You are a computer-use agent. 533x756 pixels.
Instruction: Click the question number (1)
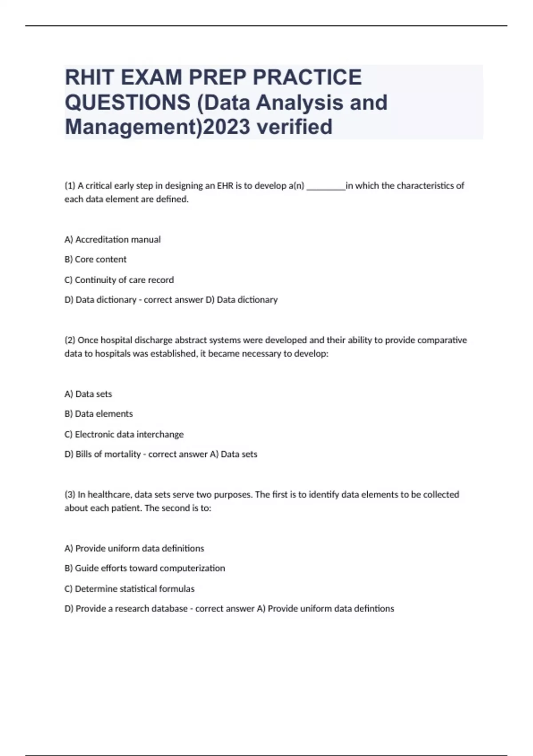[70, 186]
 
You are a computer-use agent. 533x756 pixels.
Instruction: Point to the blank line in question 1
[326, 187]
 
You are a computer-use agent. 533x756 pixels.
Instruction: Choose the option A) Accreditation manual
[112, 240]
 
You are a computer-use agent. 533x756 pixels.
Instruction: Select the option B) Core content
[95, 259]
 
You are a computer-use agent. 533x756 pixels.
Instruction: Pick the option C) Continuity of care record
[119, 280]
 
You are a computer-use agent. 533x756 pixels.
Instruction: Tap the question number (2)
[70, 340]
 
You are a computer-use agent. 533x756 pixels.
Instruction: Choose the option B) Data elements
[99, 414]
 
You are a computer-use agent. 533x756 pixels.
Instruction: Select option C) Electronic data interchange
[124, 434]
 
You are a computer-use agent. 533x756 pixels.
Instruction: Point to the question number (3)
[70, 495]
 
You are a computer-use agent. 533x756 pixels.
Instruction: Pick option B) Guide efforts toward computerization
[145, 568]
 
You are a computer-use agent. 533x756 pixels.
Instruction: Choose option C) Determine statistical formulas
[129, 589]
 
